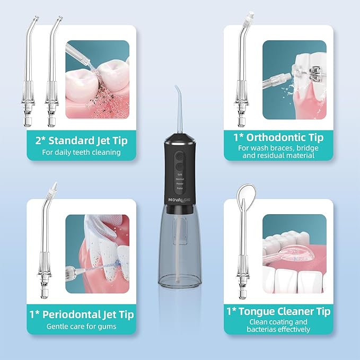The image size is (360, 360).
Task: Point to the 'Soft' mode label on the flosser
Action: click(x=180, y=174)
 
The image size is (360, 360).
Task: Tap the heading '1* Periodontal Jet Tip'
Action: click(x=81, y=314)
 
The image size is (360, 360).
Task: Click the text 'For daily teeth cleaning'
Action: click(x=81, y=152)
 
